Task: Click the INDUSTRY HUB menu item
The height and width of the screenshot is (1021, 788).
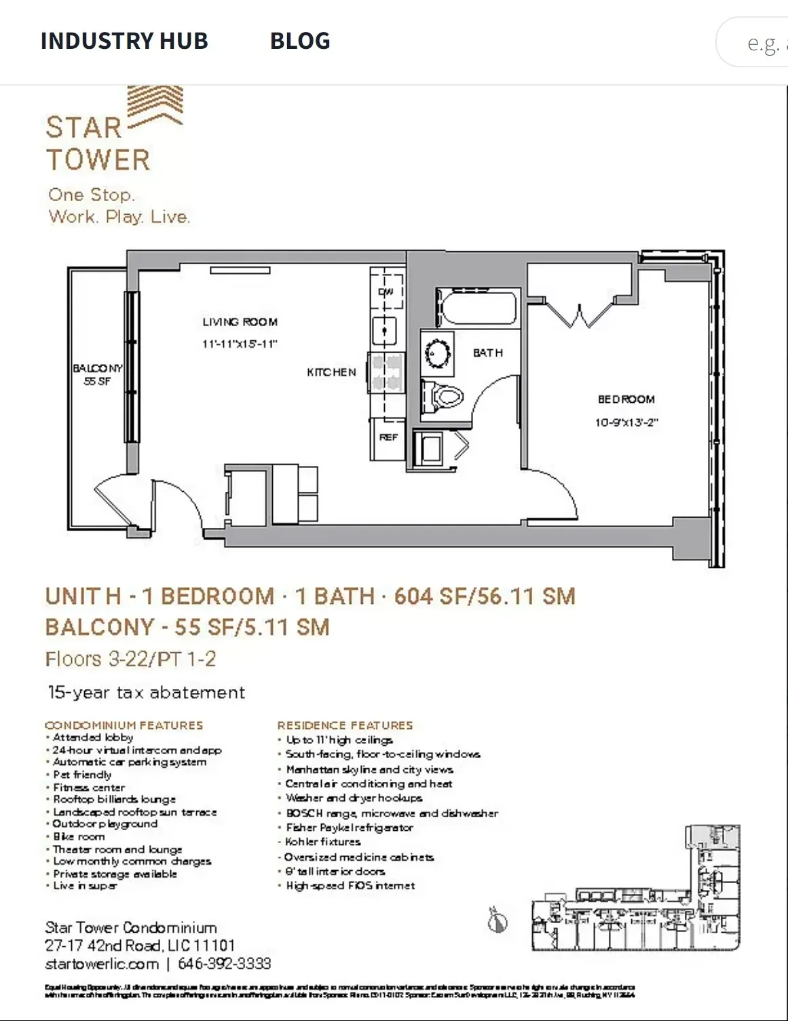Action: pyautogui.click(x=124, y=41)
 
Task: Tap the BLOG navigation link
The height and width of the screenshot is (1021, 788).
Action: pyautogui.click(x=300, y=41)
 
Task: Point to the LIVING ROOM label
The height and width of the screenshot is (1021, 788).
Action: pyautogui.click(x=240, y=322)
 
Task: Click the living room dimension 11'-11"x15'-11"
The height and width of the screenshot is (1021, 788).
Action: pyautogui.click(x=240, y=344)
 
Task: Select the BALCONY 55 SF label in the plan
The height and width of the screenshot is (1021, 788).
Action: pyautogui.click(x=98, y=374)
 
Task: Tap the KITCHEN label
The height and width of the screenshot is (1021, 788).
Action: pyautogui.click(x=331, y=372)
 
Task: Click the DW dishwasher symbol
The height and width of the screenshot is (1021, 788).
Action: pyautogui.click(x=386, y=291)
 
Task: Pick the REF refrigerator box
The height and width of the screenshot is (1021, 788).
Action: pyautogui.click(x=388, y=438)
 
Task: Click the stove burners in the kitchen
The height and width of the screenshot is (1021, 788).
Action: pyautogui.click(x=386, y=372)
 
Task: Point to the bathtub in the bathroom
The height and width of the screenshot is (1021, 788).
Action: pyautogui.click(x=478, y=308)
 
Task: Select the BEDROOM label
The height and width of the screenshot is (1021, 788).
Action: pyautogui.click(x=626, y=399)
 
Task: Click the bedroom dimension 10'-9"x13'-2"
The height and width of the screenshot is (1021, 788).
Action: pyautogui.click(x=626, y=423)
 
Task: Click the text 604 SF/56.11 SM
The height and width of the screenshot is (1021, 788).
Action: pyautogui.click(x=485, y=596)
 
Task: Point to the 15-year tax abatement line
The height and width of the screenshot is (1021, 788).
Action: pyautogui.click(x=146, y=692)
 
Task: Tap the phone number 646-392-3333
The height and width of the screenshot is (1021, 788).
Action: pyautogui.click(x=224, y=963)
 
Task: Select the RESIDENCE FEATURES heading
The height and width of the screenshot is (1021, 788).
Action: pyautogui.click(x=345, y=726)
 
